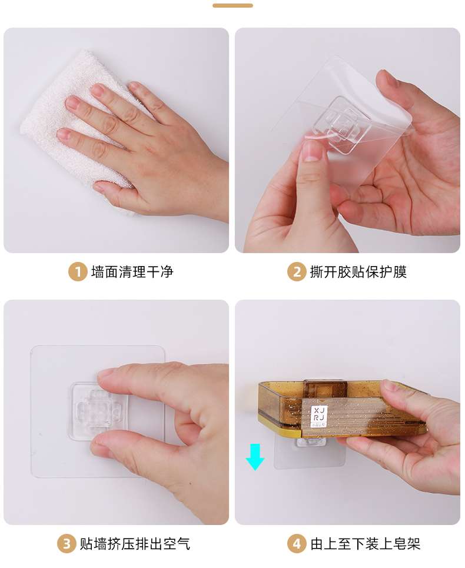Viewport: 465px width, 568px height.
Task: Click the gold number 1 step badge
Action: coord(77,272)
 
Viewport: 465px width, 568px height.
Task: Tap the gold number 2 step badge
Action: coord(296,272)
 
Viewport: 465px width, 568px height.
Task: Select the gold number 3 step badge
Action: coord(66,544)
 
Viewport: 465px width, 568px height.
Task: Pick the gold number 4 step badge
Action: coord(296,544)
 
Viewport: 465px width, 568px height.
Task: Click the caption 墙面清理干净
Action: coord(132,272)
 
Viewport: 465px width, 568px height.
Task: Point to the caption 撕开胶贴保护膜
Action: coord(358,272)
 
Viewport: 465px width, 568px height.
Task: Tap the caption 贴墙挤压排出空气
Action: coord(135,544)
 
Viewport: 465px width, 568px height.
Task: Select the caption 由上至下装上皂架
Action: coord(365,544)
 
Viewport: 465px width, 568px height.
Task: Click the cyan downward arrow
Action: coord(255,457)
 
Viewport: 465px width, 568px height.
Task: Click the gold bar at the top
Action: coord(232,5)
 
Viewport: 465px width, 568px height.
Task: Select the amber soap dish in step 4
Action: coord(342,409)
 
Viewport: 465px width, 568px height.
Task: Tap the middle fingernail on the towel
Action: coord(74,103)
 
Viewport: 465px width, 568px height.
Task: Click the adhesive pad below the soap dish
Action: coord(310,452)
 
